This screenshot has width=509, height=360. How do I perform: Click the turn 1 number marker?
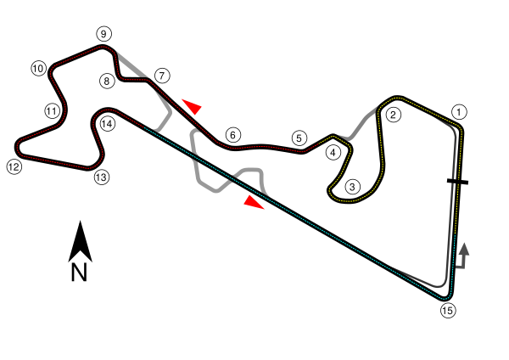(459, 111)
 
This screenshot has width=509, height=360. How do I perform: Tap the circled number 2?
(393, 115)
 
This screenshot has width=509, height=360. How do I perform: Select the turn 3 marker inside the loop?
(353, 187)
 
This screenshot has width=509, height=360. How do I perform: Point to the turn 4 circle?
(333, 153)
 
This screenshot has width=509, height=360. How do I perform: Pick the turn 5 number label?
(298, 138)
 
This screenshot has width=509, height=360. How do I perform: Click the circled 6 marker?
(233, 135)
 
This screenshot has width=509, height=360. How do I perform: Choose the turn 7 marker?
(162, 76)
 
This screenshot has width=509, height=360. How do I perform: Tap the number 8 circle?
(106, 82)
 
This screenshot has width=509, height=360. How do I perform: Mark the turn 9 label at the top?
(103, 34)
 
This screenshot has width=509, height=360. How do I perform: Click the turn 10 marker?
(38, 69)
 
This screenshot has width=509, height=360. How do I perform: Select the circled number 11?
(52, 111)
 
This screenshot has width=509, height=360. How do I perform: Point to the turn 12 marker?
(13, 167)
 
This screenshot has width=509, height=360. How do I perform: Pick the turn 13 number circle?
(102, 177)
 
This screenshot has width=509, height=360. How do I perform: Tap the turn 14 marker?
(107, 124)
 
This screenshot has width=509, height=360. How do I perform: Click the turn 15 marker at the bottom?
(448, 311)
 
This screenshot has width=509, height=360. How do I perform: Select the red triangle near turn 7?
(193, 106)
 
